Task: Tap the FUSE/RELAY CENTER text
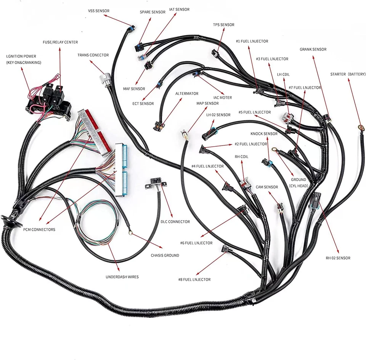click(x=60, y=42)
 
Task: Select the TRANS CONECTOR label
click(x=93, y=55)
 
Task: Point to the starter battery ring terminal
click(x=359, y=128)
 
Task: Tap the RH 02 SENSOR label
click(x=338, y=258)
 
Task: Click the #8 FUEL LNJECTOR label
click(x=194, y=279)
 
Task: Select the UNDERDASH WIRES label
click(x=122, y=277)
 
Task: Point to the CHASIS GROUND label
click(x=165, y=255)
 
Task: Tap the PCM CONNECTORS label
click(x=39, y=229)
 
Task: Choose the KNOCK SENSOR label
click(x=264, y=134)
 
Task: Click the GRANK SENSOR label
click(x=313, y=50)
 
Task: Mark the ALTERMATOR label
click(x=187, y=93)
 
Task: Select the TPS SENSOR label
click(x=223, y=25)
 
